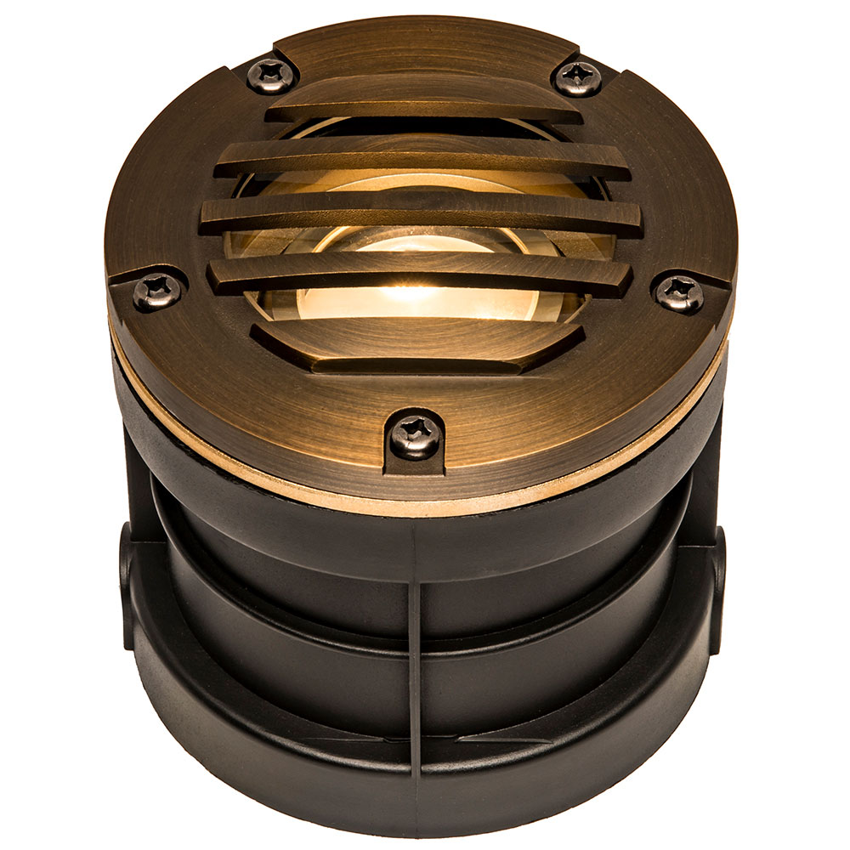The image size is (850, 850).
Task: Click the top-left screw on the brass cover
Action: coord(270,75)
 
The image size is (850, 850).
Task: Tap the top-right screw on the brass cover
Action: coord(580,76)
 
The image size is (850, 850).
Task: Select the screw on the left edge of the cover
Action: coord(158,292)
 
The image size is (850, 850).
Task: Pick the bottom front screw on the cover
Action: coord(416,436)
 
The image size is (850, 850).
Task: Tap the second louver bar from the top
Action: coord(421,160)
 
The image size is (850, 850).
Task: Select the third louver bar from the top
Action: coord(421,214)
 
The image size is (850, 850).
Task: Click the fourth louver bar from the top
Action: coord(421,274)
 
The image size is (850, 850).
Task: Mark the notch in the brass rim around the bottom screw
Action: coord(416,463)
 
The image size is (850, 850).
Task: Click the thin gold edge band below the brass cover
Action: coord(255,459)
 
